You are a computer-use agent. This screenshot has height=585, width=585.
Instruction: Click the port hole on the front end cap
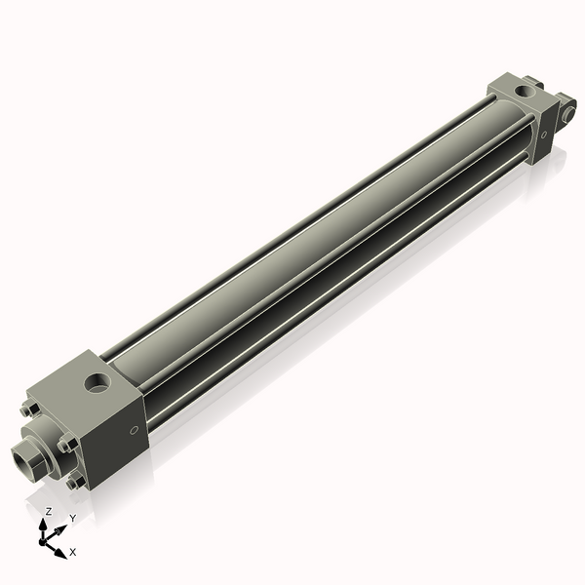[x=98, y=379]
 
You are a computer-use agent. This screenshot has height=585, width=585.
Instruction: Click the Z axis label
[x=49, y=510]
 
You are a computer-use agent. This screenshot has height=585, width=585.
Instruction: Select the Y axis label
[x=72, y=518]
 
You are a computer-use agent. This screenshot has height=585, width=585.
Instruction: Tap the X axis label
[x=72, y=552]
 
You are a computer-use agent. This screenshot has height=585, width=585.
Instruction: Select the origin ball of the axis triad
[x=47, y=539]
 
